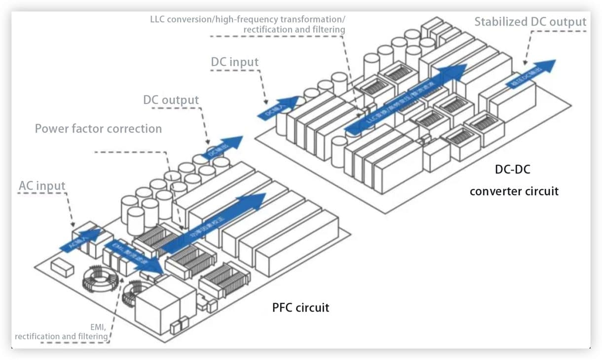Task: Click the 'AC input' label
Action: click(42, 186)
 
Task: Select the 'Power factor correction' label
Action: click(98, 129)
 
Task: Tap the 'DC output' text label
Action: click(171, 100)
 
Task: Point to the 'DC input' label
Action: click(234, 62)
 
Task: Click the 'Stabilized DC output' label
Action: click(530, 22)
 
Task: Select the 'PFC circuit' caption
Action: click(301, 308)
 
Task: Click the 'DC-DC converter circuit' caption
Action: click(514, 180)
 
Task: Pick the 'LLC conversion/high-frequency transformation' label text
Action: click(248, 20)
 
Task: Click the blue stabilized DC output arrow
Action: click(531, 74)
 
